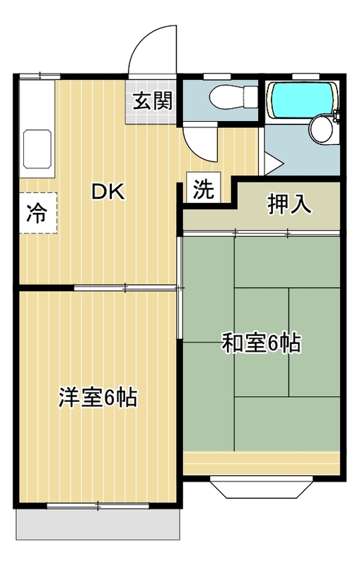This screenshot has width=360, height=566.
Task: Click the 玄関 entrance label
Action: coord(151,101)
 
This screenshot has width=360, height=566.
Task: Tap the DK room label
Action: coord(107,192)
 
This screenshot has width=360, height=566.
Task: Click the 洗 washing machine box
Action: coord(203,189)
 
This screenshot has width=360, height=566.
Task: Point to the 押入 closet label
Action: coord(289,203)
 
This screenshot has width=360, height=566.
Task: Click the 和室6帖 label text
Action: coord(262,344)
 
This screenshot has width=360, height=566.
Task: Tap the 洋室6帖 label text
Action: coord(97,398)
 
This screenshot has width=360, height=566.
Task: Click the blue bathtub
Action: coord(301,98)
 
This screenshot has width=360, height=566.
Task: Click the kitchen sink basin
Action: coord(37,149)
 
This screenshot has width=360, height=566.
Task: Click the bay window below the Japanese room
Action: coord(261,487)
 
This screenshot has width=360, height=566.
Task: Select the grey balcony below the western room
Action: coord(99,524)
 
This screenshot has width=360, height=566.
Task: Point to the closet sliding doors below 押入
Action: coord(262,232)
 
